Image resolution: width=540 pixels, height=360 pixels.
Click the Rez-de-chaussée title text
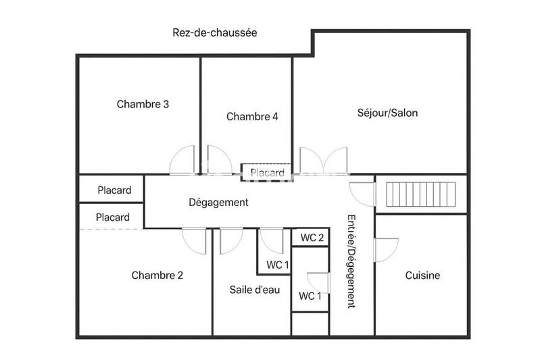pos(215,32)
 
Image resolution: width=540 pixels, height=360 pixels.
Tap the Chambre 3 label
pos(143,104)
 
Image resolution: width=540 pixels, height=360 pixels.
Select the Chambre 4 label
pos(252,116)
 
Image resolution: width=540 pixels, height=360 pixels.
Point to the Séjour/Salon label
pos(387,113)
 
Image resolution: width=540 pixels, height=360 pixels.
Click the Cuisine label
pos(422,275)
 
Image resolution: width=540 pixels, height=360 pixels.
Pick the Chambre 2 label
pos(157,275)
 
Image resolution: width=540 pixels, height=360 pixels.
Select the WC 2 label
pos(312,238)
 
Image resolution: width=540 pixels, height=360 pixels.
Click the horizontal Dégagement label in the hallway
pos(218,202)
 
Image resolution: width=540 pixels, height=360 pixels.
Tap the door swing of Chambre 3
pos(182,161)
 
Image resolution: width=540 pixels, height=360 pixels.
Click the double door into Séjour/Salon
pos(323,161)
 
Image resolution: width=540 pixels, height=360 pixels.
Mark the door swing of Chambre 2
pos(195,240)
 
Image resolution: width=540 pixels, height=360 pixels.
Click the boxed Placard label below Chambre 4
pos(267,173)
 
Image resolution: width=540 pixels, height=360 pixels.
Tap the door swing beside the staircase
pos(362,195)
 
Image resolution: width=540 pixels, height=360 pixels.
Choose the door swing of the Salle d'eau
pos(231,240)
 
